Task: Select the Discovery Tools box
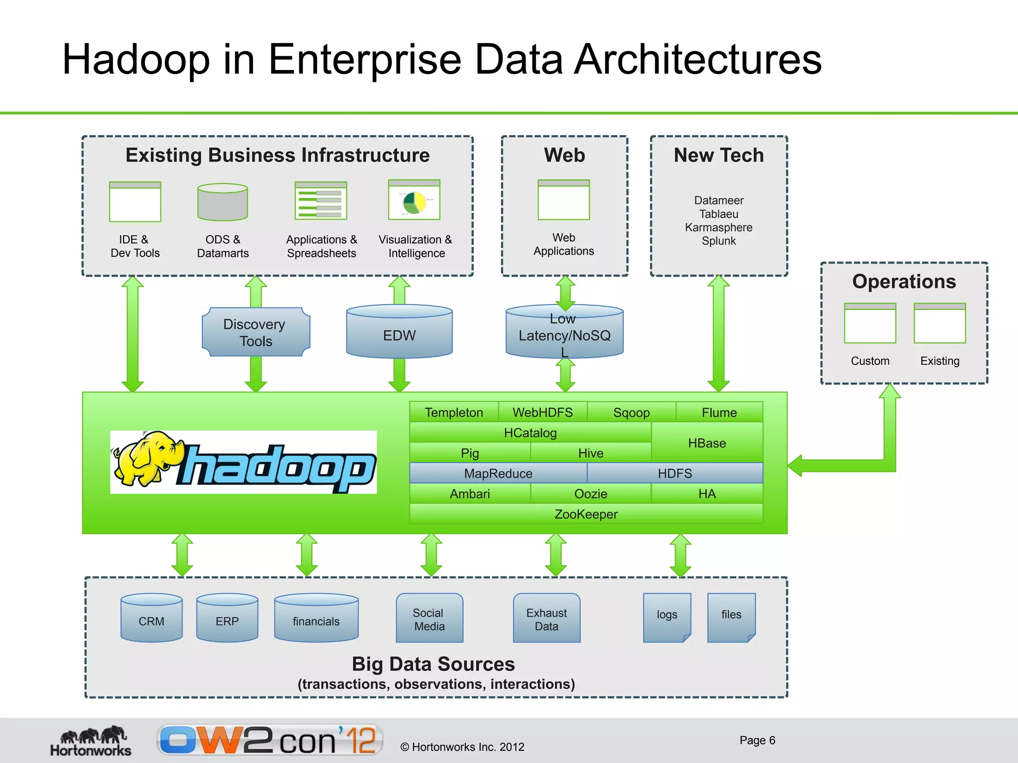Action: coord(255,332)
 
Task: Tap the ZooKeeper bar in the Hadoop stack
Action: coord(586,514)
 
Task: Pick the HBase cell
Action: coord(706,443)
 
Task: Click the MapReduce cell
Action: coord(498,473)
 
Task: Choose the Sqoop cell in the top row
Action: coord(631,412)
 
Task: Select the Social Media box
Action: coord(429,618)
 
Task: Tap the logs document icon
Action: coord(667,617)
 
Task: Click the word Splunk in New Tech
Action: coord(718,241)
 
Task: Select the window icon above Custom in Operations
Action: coord(869,323)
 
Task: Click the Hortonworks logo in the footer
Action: coord(91,741)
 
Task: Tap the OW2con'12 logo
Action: coord(270,740)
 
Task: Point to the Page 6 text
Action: coord(757,740)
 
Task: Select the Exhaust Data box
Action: coord(546,618)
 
